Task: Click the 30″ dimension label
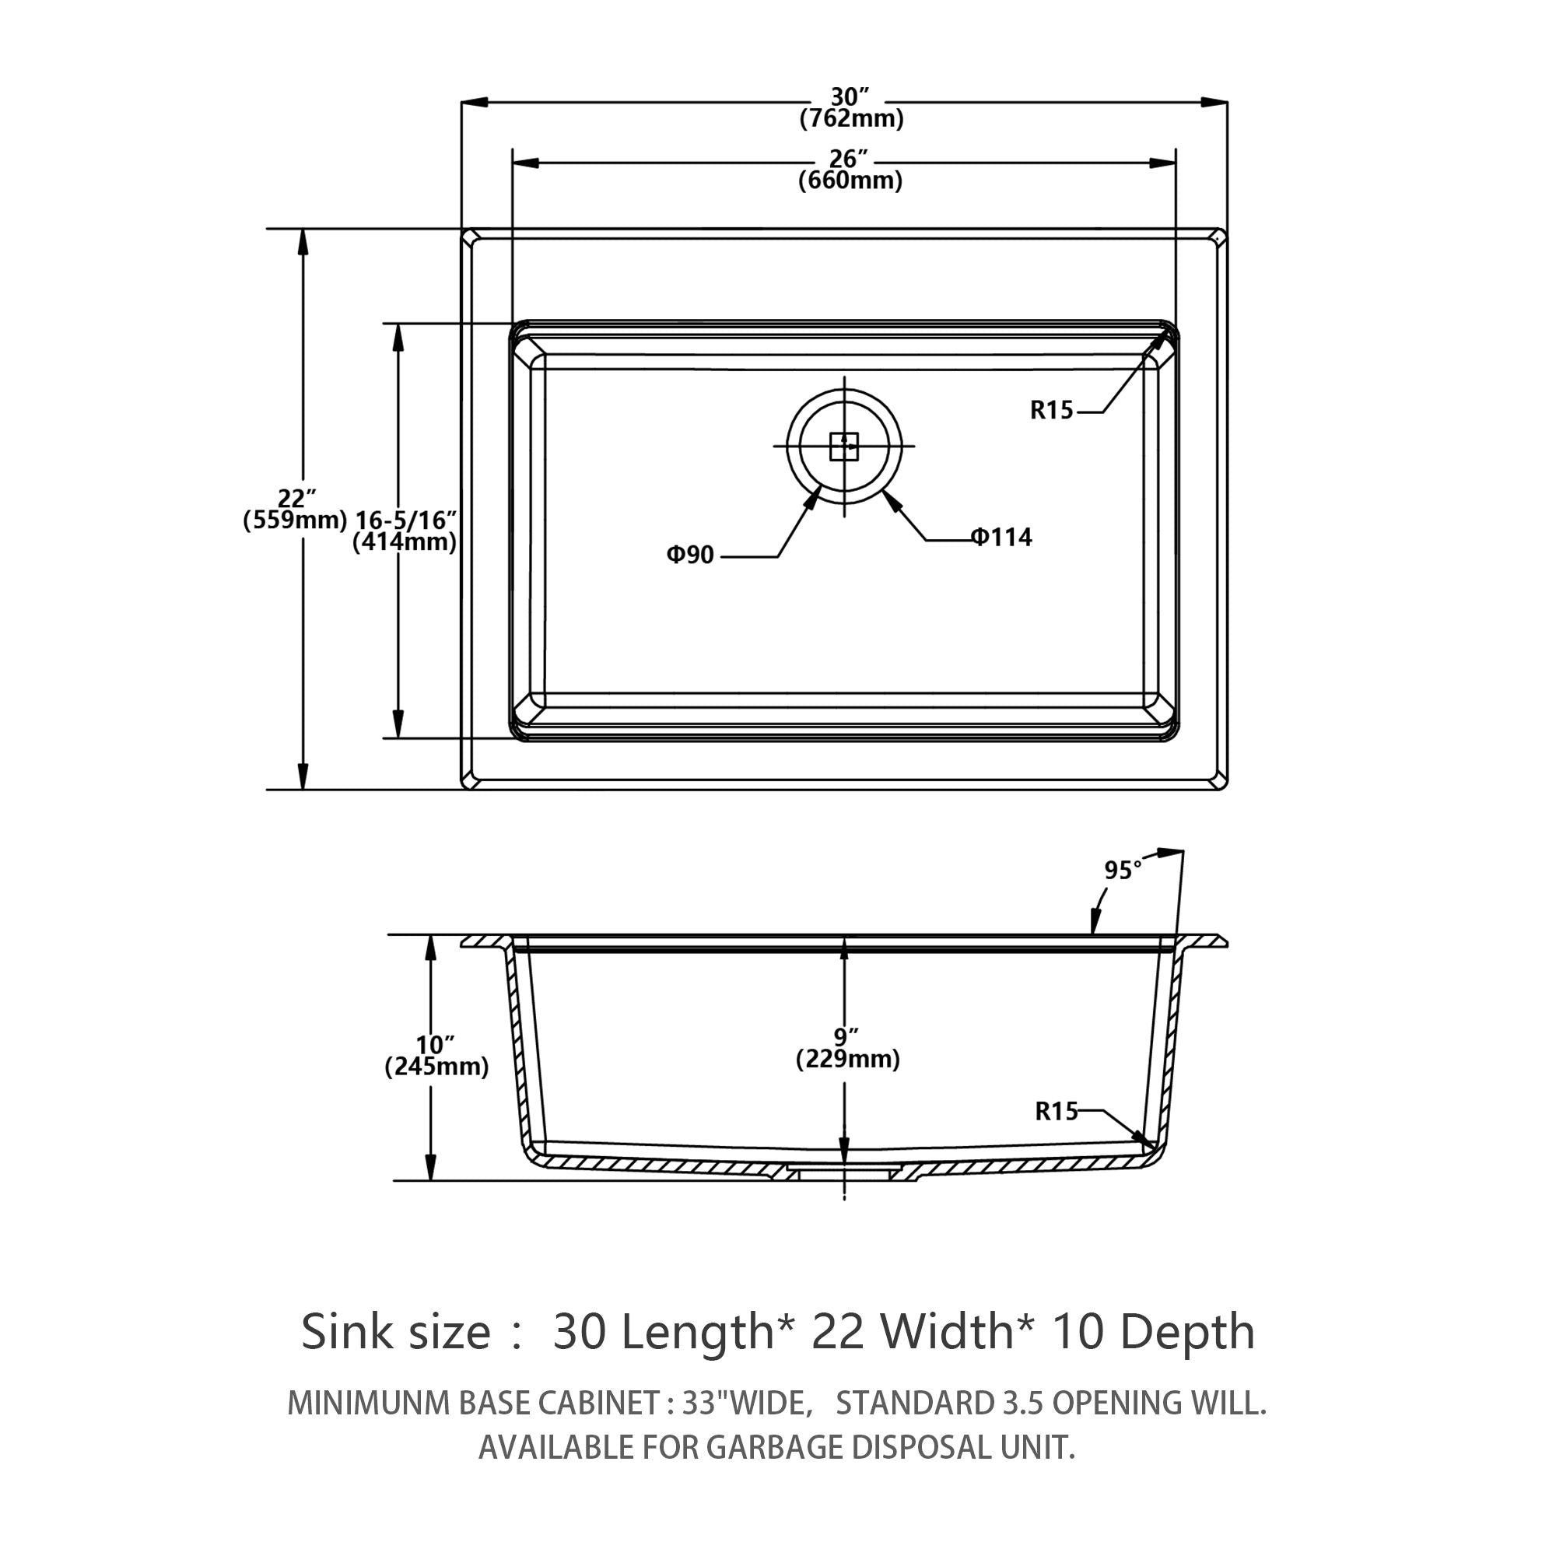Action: click(850, 96)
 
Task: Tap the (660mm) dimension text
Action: click(850, 180)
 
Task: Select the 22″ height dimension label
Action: click(296, 499)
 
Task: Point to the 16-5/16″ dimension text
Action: click(406, 520)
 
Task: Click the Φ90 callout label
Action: click(690, 555)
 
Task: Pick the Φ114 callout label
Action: click(1001, 537)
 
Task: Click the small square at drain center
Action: click(844, 446)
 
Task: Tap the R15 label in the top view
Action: click(1052, 411)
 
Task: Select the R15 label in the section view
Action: click(1056, 1113)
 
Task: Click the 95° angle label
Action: click(1123, 871)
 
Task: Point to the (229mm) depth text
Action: click(848, 1059)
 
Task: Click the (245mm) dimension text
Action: click(436, 1067)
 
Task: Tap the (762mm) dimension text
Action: click(851, 119)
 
